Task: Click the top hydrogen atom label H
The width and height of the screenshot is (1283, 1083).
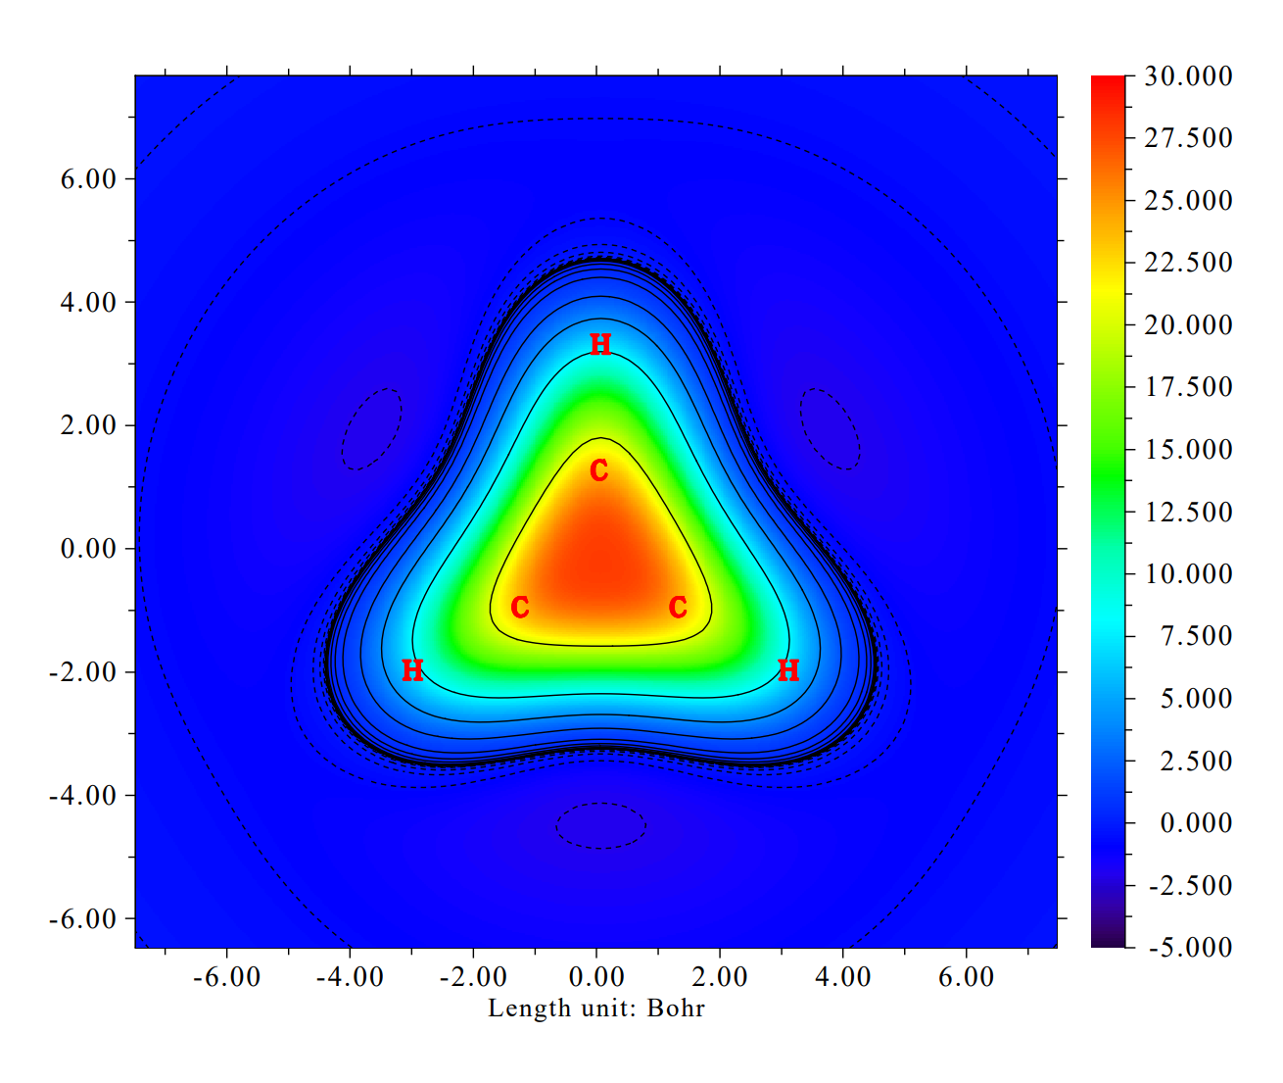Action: point(600,344)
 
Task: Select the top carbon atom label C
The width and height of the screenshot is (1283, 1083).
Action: point(599,471)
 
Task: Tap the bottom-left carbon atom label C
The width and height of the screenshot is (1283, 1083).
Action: point(520,608)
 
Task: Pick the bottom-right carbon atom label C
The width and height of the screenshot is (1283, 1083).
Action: point(678,608)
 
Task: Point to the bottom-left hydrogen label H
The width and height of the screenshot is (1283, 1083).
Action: point(412,670)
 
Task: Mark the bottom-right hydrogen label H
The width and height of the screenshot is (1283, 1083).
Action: point(788,670)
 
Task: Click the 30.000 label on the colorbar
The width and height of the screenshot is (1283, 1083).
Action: point(1188,76)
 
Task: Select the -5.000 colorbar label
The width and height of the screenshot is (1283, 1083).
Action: point(1188,947)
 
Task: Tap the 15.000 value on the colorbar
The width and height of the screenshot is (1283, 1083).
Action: point(1188,450)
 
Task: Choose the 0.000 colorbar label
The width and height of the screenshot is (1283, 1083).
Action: point(1196,822)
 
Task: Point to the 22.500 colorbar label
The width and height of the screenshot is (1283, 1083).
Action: point(1188,263)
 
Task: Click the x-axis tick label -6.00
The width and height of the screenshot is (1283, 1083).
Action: point(226,977)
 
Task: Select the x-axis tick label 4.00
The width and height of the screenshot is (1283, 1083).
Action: point(843,977)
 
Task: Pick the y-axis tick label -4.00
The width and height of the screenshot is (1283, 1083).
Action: point(82,795)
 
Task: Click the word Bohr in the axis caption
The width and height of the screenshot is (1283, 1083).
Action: point(676,1009)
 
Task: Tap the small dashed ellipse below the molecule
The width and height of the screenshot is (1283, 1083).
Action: point(601,825)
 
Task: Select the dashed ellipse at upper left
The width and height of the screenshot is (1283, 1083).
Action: point(371,429)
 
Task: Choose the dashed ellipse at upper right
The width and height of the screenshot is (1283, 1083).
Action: point(831,429)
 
